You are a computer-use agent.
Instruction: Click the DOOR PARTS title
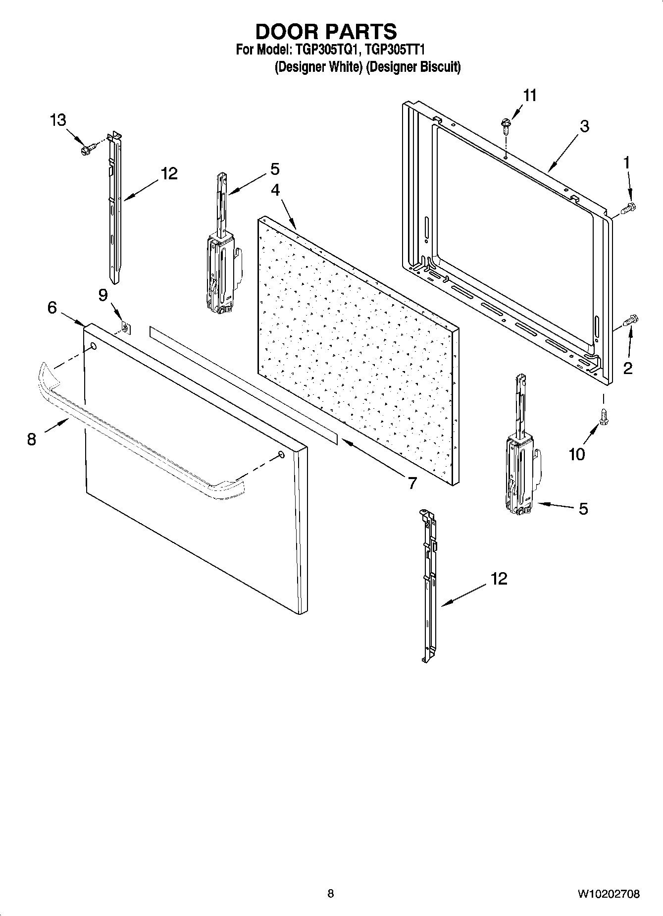click(326, 32)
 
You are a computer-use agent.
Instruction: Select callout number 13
click(58, 120)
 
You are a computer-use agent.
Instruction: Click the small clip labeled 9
click(126, 327)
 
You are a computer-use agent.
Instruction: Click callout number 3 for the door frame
click(584, 126)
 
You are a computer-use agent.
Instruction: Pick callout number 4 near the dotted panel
click(275, 190)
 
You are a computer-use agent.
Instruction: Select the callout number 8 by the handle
click(32, 439)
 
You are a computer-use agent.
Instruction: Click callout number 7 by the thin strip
click(412, 482)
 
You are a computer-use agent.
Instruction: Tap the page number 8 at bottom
click(331, 894)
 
